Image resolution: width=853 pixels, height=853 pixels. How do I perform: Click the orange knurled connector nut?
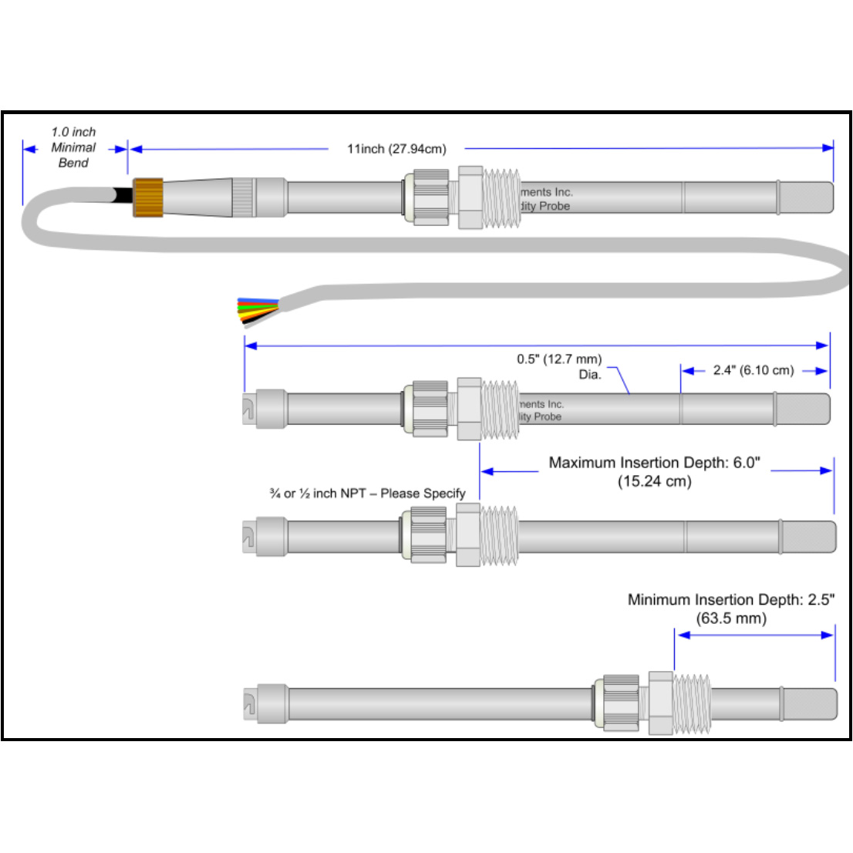point(148,197)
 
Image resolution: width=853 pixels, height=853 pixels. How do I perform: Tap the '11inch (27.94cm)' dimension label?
point(396,149)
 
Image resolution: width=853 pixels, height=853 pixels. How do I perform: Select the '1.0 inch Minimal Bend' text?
point(73,147)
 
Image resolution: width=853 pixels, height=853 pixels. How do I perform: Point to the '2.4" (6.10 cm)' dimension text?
point(753,370)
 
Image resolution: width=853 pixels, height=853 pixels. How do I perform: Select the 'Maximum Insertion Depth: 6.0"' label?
point(654,463)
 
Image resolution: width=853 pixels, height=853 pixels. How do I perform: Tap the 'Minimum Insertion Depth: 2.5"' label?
point(730,599)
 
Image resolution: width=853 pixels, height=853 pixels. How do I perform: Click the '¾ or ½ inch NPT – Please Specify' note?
point(367,494)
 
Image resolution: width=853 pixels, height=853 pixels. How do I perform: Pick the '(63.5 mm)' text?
point(730,619)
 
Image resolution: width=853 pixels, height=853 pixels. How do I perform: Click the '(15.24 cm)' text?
point(654,482)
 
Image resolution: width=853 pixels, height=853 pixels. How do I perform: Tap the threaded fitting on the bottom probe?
point(691,703)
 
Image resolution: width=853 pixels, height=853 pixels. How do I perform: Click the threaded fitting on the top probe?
point(502,197)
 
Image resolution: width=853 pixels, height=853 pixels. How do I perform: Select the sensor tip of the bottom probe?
point(809,704)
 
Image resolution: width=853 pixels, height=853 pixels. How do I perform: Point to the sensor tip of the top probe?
point(807,197)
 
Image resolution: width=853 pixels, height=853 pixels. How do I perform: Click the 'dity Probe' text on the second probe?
point(541,416)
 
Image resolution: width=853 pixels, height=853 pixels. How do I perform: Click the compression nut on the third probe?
point(429,535)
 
